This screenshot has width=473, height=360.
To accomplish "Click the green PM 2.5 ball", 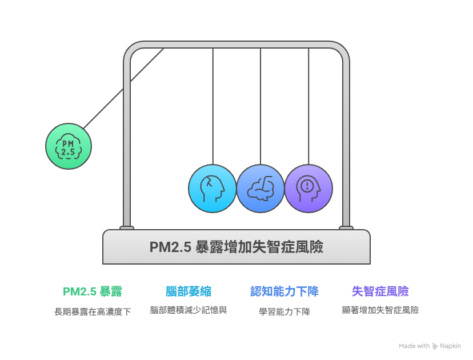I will pyautogui.click(x=69, y=146).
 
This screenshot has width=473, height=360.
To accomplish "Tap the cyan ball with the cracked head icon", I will pyautogui.click(x=213, y=188).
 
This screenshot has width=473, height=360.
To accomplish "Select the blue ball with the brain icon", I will pyautogui.click(x=260, y=188).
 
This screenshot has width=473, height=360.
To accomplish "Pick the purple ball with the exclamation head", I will pyautogui.click(x=308, y=188).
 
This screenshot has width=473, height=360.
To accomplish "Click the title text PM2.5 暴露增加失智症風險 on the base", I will pyautogui.click(x=236, y=247).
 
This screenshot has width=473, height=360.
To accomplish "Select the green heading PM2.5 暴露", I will pyautogui.click(x=93, y=291).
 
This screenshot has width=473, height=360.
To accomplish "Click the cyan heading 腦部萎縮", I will pyautogui.click(x=189, y=291).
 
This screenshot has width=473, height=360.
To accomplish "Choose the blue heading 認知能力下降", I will pyautogui.click(x=284, y=291).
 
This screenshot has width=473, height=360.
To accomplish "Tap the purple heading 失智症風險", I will pyautogui.click(x=380, y=291).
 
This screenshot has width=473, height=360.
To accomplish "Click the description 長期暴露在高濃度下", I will pyautogui.click(x=93, y=312).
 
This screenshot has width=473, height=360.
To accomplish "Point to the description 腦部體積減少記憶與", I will pyautogui.click(x=189, y=310).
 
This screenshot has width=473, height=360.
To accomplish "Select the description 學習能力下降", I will pyautogui.click(x=284, y=312).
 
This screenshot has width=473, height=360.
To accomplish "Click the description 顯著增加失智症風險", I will pyautogui.click(x=380, y=310).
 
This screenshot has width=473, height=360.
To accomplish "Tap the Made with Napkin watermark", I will pyautogui.click(x=430, y=346).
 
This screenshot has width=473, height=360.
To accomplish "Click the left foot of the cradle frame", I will pyautogui.click(x=127, y=227).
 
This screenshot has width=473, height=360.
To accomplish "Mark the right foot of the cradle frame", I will pyautogui.click(x=346, y=227).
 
